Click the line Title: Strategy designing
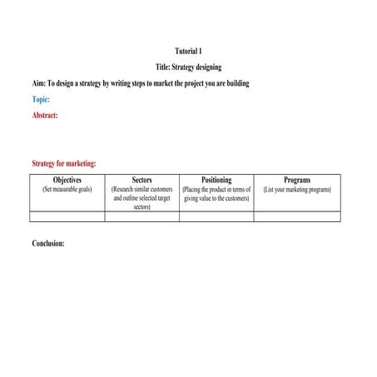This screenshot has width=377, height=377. point(188,67)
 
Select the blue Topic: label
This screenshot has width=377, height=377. point(41,100)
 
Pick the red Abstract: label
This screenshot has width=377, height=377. point(45,116)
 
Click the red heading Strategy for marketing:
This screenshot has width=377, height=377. point(63,164)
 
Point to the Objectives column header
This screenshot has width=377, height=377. point(67,180)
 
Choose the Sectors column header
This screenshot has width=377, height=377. point(141,180)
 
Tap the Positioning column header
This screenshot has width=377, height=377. point(216,180)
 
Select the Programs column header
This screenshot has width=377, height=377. point(297,180)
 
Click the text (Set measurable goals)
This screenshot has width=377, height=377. point(67,190)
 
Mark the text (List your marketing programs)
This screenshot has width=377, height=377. point(297,190)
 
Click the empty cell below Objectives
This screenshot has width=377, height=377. point(67,216)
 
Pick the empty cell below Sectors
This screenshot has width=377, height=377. point(141,216)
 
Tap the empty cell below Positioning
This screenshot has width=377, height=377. point(216,216)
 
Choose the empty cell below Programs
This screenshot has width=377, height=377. point(297,216)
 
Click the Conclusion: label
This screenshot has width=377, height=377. point(47,244)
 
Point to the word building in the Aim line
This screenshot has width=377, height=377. point(235,84)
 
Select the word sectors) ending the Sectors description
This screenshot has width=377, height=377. point(141,207)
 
